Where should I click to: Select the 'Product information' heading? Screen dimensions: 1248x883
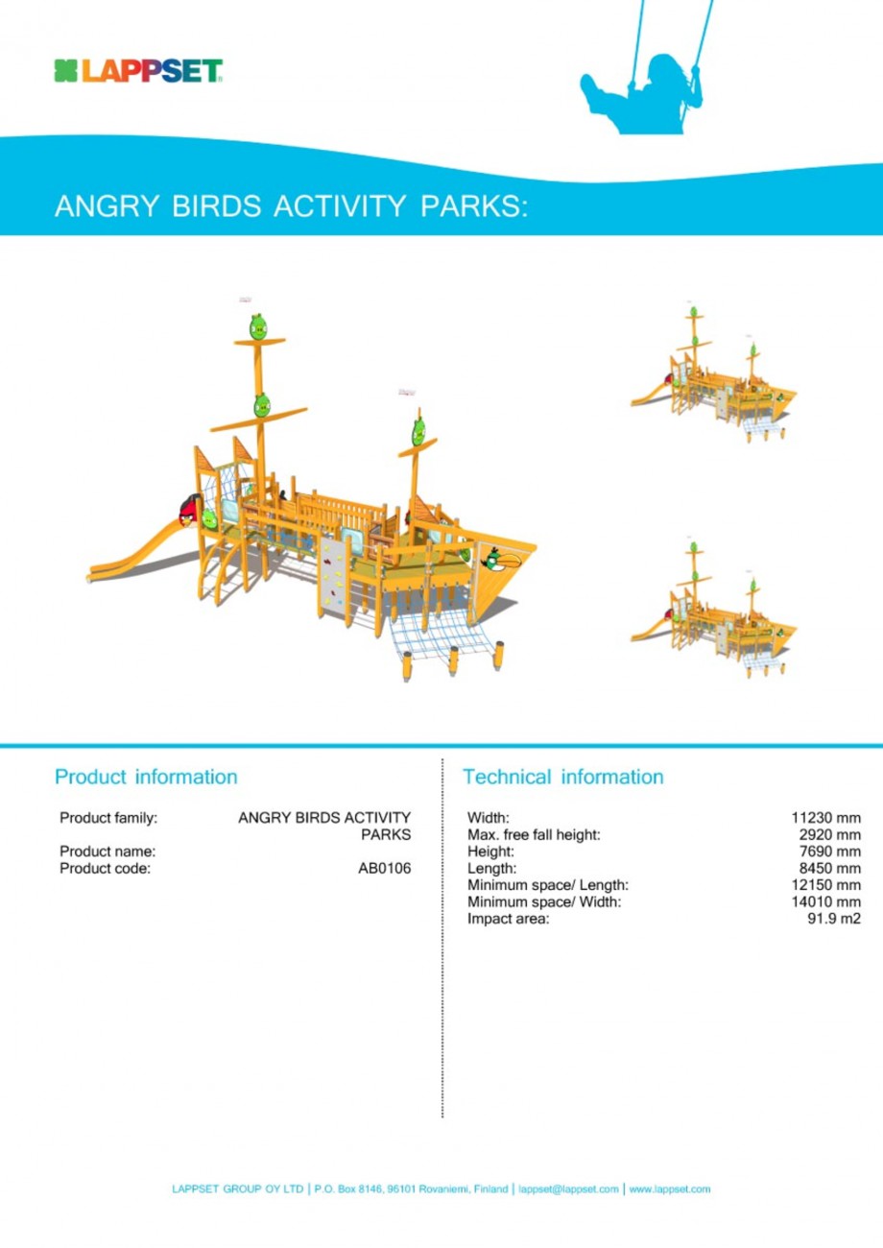(x=146, y=775)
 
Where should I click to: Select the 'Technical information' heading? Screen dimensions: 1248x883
(x=562, y=776)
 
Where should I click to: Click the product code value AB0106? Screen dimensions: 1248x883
(x=384, y=869)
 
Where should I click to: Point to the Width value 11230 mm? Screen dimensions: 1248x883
(x=825, y=818)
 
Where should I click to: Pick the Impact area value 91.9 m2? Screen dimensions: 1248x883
(x=834, y=919)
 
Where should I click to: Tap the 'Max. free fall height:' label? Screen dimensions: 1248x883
(x=534, y=834)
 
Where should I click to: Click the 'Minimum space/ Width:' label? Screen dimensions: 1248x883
(x=544, y=901)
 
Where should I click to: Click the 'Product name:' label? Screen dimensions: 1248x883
(x=107, y=852)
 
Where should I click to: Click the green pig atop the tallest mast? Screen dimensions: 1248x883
(x=257, y=326)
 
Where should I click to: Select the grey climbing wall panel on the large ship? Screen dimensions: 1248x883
(x=331, y=576)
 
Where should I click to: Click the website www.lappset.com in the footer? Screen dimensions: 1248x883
(x=670, y=1188)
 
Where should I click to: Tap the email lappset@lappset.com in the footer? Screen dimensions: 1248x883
(x=567, y=1188)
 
